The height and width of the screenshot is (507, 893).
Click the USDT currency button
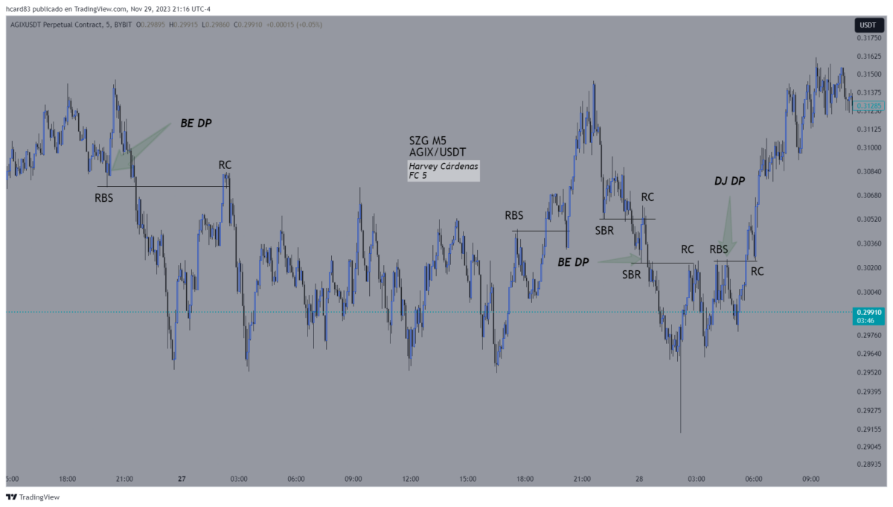(x=867, y=25)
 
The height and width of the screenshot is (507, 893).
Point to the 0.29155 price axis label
(x=868, y=429)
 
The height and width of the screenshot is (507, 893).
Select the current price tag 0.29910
(x=868, y=313)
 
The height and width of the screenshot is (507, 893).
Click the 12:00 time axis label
(x=410, y=479)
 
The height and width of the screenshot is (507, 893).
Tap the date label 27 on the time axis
(x=182, y=479)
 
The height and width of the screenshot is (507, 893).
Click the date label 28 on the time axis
(x=639, y=479)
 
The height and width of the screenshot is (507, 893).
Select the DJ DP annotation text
(x=729, y=181)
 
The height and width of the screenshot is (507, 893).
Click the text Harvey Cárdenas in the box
(x=443, y=166)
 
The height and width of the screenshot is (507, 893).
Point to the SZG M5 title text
(x=427, y=140)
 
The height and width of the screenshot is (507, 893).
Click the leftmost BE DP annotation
(x=196, y=124)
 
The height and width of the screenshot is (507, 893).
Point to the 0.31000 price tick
(x=868, y=147)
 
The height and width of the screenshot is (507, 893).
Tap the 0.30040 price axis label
(x=868, y=293)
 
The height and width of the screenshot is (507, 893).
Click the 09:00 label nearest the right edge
(x=811, y=479)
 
